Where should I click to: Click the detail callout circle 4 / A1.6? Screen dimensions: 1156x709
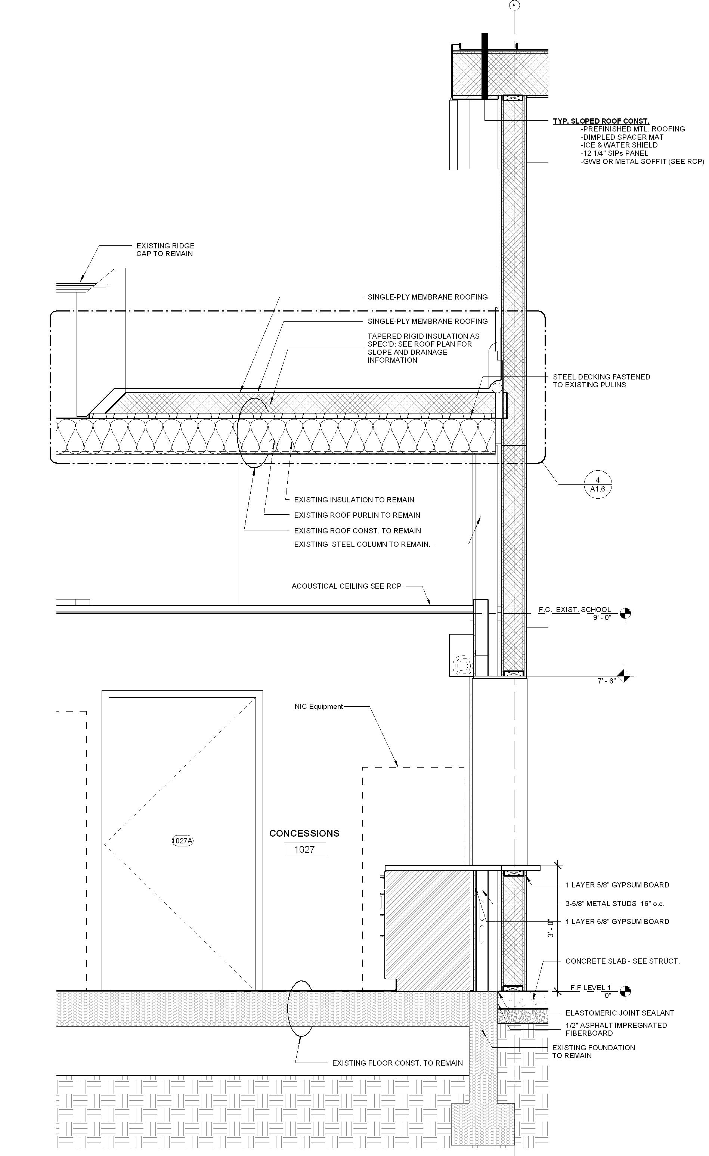597,484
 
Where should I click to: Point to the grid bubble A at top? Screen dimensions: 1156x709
514,5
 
